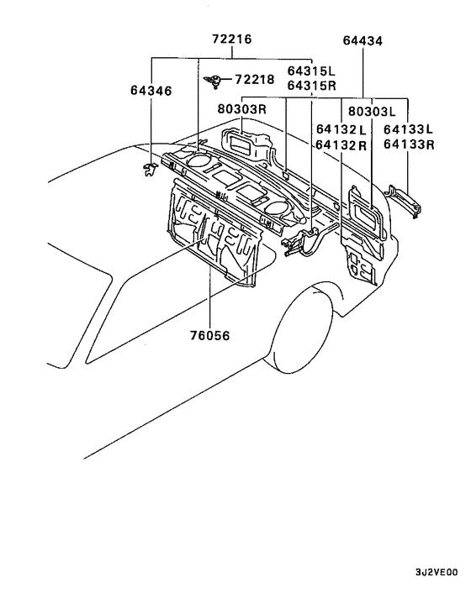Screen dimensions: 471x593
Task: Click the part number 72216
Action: pos(231,39)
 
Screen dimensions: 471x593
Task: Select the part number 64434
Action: pos(363,40)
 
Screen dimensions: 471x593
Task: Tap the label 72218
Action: pos(255,80)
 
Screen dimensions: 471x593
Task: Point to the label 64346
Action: pos(151,91)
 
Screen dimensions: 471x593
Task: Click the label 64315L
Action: pos(311,71)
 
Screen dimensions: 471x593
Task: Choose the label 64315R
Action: pos(311,86)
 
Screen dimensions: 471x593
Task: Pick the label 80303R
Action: pos(242,109)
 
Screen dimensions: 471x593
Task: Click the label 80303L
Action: pos(372,111)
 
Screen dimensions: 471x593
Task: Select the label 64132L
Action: pos(341,129)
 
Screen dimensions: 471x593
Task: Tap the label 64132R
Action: pos(341,144)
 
